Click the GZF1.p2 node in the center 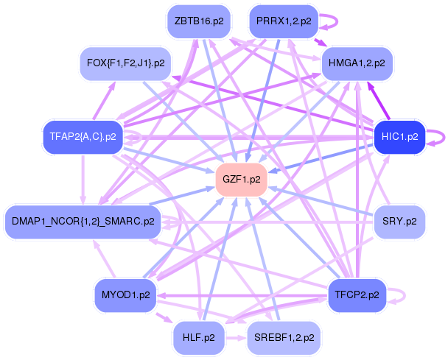242,180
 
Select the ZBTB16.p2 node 199,21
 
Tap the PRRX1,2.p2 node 284,21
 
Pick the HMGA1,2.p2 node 357,63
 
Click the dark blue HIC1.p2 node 399,137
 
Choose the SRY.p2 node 399,222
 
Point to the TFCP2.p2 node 357,295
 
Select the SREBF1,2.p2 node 284,338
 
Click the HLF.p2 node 199,338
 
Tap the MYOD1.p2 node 126,295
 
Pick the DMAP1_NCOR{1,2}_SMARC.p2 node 83,222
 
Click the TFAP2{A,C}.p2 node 83,137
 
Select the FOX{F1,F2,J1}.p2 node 126,63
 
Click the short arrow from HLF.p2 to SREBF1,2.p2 236,339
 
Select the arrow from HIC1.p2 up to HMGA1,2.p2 379,101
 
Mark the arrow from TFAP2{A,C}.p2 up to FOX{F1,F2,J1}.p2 105,101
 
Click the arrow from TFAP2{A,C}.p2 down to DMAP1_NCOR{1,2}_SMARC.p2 83,180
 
